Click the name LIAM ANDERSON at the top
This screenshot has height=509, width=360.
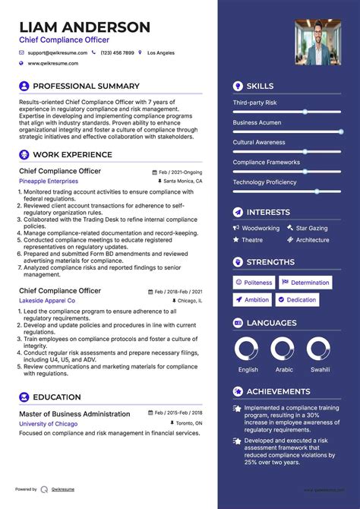pos(85,27)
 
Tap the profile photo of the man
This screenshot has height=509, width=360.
pos(318,42)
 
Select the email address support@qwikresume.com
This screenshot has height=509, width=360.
pos(58,53)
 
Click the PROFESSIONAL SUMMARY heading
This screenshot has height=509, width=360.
pos(86,87)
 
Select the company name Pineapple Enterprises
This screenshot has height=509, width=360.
pos(49,182)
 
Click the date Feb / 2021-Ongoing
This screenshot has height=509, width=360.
pos(181,172)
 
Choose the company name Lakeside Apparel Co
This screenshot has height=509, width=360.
pos(47,301)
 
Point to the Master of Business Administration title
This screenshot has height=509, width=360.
pos(74,414)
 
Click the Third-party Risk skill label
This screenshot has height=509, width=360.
pos(254,103)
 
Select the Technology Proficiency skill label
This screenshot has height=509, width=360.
pos(264,182)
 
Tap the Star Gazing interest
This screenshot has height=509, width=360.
pos(311,228)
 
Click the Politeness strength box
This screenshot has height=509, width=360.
pos(254,283)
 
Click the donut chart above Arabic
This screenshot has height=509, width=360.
pos(283,349)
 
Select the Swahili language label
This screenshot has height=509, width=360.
pos(319,370)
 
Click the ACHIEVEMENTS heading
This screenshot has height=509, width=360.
pos(277,391)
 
